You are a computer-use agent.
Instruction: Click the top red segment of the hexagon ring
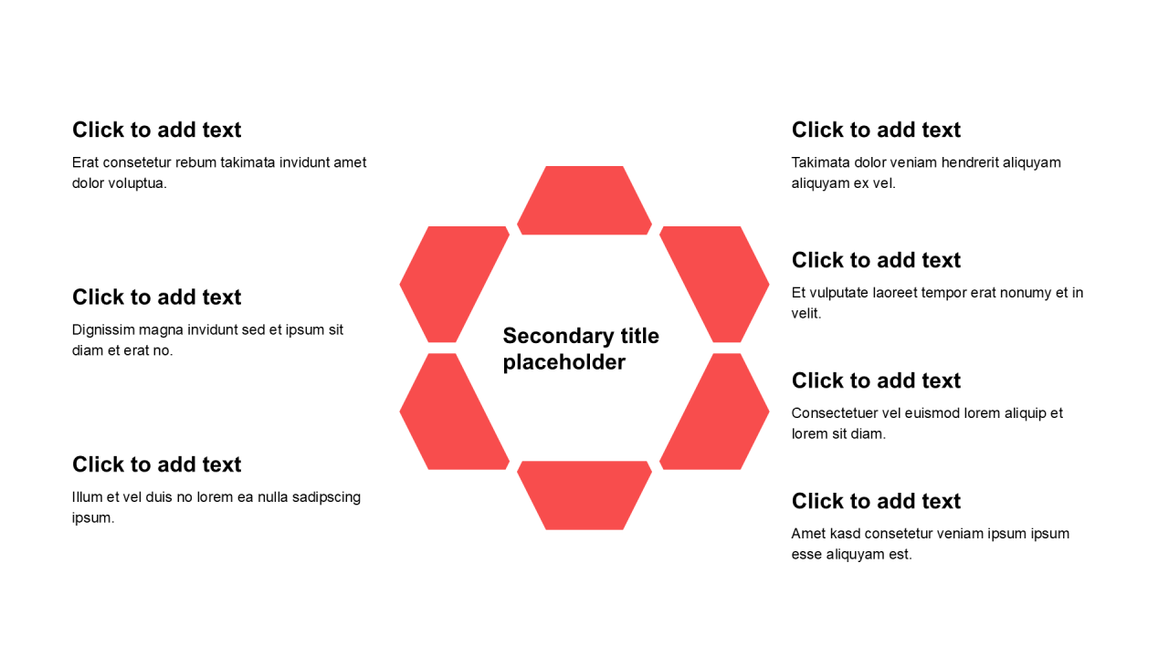click(584, 201)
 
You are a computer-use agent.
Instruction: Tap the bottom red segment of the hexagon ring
click(584, 495)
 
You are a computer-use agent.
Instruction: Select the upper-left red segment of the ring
click(455, 284)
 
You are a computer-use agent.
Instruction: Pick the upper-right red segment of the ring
click(714, 284)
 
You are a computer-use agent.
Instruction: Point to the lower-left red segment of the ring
click(455, 412)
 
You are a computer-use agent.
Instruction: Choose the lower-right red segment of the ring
click(714, 412)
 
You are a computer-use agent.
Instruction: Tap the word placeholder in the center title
click(564, 363)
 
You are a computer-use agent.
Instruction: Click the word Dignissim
click(103, 330)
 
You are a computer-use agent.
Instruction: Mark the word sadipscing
click(326, 498)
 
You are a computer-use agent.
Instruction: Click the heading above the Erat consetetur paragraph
click(156, 130)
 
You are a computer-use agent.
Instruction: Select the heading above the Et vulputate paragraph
click(876, 260)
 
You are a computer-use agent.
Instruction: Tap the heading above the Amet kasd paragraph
click(876, 501)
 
